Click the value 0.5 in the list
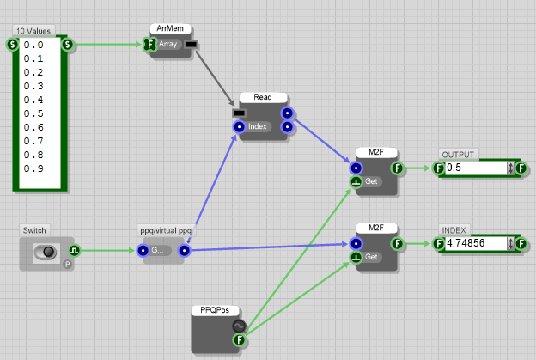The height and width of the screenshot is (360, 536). click(x=34, y=113)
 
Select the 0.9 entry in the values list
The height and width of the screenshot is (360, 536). click(x=34, y=168)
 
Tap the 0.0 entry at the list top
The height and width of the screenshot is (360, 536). click(x=34, y=45)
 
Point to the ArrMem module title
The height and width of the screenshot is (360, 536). click(x=168, y=28)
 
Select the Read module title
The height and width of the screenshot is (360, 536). click(x=263, y=97)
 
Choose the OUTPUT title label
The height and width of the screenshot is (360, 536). click(x=458, y=155)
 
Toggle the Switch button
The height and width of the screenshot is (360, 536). click(x=45, y=251)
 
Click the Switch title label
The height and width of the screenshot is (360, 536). click(x=35, y=230)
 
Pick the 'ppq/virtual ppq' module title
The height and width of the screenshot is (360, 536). click(x=166, y=230)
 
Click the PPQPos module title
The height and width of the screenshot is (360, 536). click(x=216, y=308)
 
